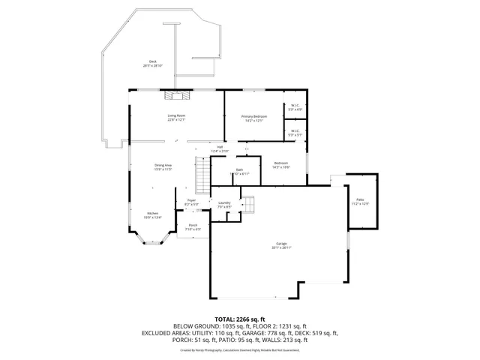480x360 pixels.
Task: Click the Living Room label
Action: click(176, 115)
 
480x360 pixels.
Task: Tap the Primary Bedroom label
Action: click(253, 116)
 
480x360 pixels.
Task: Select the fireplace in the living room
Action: click(178, 95)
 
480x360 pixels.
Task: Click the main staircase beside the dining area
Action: click(201, 175)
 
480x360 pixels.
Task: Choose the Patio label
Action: click(360, 200)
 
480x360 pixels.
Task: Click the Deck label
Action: click(152, 61)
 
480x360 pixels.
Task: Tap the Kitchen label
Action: click(152, 212)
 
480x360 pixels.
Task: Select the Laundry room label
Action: click(223, 202)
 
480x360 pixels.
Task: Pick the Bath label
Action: click(239, 170)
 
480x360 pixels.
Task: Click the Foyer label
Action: click(191, 200)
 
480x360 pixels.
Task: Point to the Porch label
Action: click(193, 225)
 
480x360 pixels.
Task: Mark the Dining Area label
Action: click(163, 165)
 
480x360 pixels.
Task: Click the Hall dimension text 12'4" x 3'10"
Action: click(220, 151)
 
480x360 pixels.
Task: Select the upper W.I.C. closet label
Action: click(295, 106)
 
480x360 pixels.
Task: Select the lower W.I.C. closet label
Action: click(295, 131)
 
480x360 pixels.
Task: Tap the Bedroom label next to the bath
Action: click(281, 163)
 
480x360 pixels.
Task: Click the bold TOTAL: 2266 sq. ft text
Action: click(239, 319)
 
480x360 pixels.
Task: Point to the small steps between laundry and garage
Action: click(248, 204)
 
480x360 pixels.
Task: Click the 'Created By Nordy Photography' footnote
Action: click(239, 349)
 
